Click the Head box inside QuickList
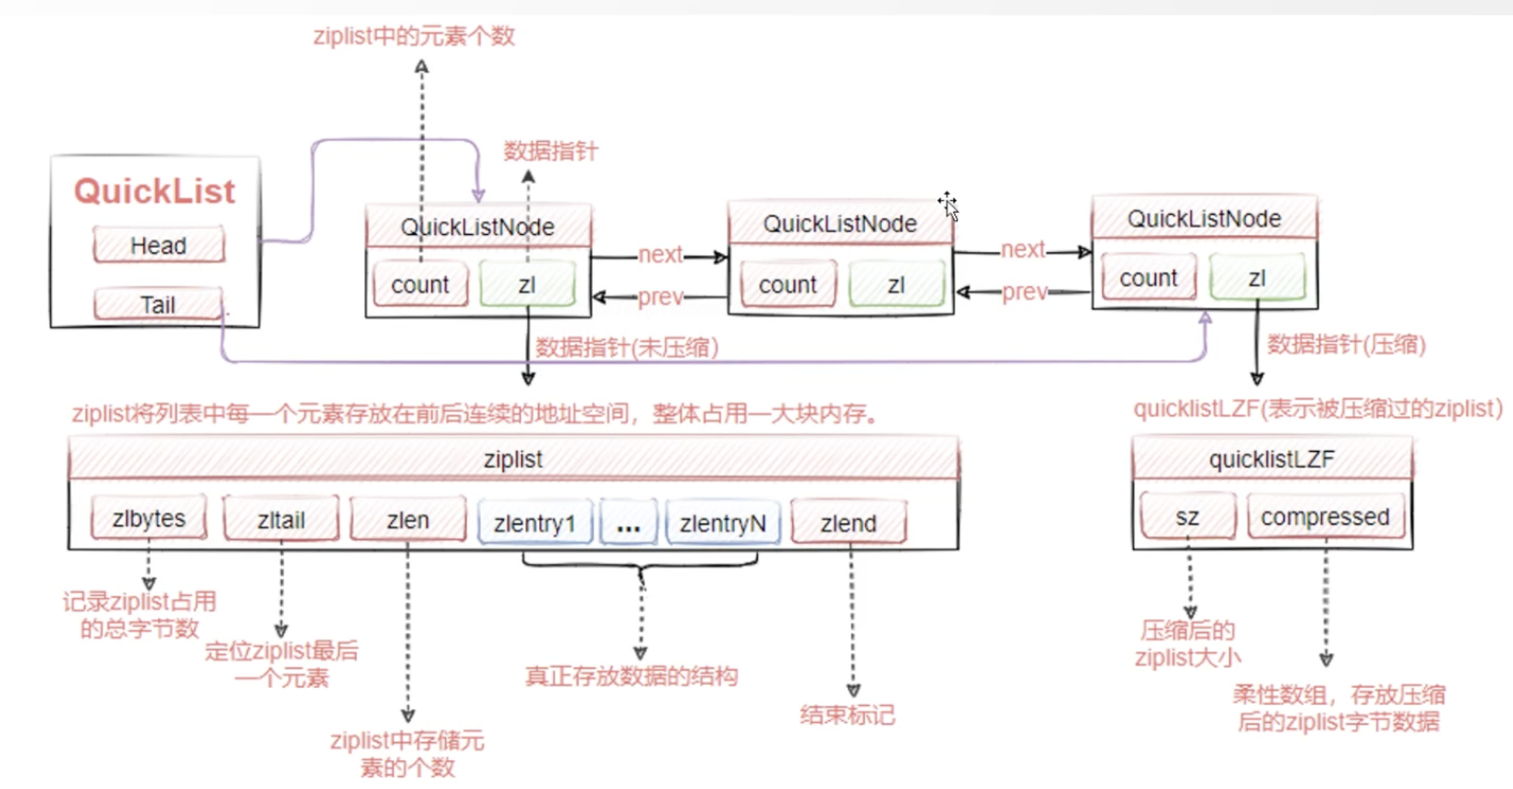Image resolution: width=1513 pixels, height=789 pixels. pos(159,245)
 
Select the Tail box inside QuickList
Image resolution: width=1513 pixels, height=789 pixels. pos(158,305)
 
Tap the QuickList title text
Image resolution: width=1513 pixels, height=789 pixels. pos(155,191)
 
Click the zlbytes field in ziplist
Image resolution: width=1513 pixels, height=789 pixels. pos(149,519)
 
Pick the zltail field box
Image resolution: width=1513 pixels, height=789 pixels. pos(281,520)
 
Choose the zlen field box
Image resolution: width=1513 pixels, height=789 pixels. pos(408,520)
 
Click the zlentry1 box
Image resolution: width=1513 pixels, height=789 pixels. pos(535,523)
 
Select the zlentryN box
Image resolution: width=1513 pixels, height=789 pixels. pos(723,523)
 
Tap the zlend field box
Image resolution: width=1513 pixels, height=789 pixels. pos(849,523)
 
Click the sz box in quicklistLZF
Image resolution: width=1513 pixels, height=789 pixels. pos(1187,516)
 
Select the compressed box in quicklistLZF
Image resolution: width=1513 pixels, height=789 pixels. pos(1325,516)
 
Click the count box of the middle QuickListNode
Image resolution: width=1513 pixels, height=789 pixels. pos(788,284)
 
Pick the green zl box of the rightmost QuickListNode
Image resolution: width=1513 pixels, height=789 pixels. pos(1257,278)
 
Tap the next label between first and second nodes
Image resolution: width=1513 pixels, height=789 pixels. pos(660,254)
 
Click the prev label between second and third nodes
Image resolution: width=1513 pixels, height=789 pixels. pos(1024,292)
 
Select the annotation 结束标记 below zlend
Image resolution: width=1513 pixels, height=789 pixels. pos(847,715)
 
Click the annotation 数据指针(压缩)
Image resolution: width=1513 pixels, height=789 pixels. pos(1346,344)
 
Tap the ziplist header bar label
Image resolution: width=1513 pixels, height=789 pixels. pos(513,459)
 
